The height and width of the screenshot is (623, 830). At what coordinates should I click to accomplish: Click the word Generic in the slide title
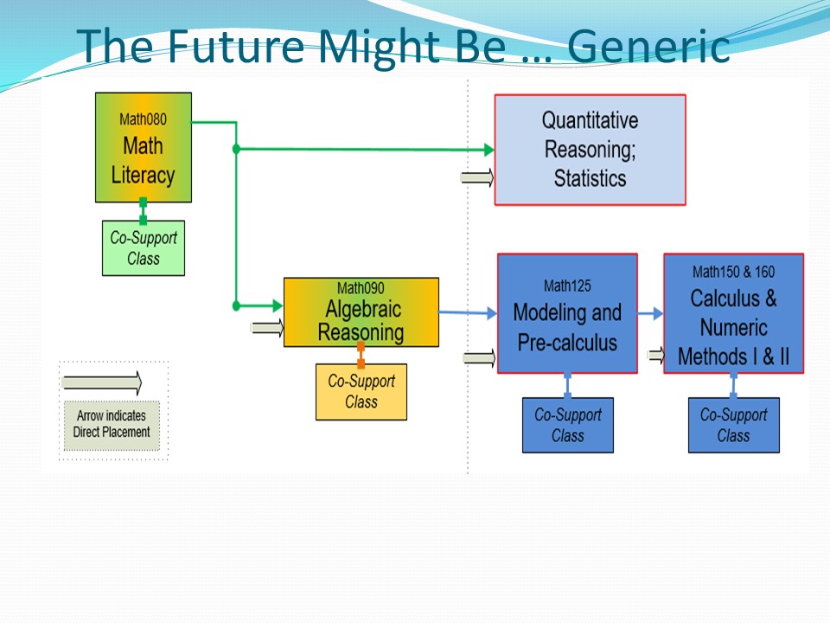click(x=650, y=47)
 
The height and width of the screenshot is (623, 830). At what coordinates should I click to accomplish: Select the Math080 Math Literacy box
click(x=143, y=148)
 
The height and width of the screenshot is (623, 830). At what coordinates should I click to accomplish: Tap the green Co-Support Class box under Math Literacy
click(x=143, y=247)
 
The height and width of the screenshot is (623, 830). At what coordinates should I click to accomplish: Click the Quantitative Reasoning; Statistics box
click(x=590, y=150)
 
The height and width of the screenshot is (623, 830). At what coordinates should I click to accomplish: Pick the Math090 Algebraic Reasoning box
click(x=361, y=311)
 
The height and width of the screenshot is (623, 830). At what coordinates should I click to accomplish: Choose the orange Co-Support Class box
click(x=361, y=391)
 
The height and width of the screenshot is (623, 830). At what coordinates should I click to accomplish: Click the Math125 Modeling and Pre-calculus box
click(x=567, y=313)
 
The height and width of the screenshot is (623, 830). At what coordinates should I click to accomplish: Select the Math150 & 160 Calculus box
click(x=733, y=313)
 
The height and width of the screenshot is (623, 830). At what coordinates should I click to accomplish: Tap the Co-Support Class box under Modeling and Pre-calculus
click(x=567, y=425)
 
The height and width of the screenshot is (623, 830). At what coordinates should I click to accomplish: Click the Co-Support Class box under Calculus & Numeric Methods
click(x=733, y=425)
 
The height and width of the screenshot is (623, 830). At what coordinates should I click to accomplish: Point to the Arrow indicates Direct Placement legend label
click(x=112, y=424)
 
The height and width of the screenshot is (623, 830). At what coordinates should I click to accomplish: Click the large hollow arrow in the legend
click(x=102, y=382)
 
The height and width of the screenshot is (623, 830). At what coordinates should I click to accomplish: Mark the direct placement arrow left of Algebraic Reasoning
click(x=266, y=328)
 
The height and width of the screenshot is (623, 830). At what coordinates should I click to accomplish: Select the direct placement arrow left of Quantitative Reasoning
click(x=477, y=178)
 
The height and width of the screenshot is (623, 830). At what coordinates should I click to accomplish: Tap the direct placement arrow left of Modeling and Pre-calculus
click(x=479, y=358)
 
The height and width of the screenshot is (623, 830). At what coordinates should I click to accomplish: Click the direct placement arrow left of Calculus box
click(x=655, y=354)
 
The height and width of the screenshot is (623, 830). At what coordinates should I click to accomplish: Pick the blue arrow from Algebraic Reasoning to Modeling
click(x=468, y=312)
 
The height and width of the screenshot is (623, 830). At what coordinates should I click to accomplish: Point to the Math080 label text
click(x=143, y=119)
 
